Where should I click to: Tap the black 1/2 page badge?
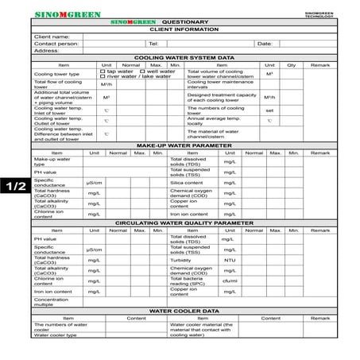(x=16, y=187)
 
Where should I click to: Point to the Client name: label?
(x=52, y=36)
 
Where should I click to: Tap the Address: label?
(x=47, y=50)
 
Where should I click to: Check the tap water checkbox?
(x=102, y=72)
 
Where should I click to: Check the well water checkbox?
(x=141, y=72)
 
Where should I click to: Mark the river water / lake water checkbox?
(x=102, y=76)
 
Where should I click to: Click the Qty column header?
(x=291, y=64)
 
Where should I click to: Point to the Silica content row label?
(x=187, y=183)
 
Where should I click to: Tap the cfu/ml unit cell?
(x=230, y=281)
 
